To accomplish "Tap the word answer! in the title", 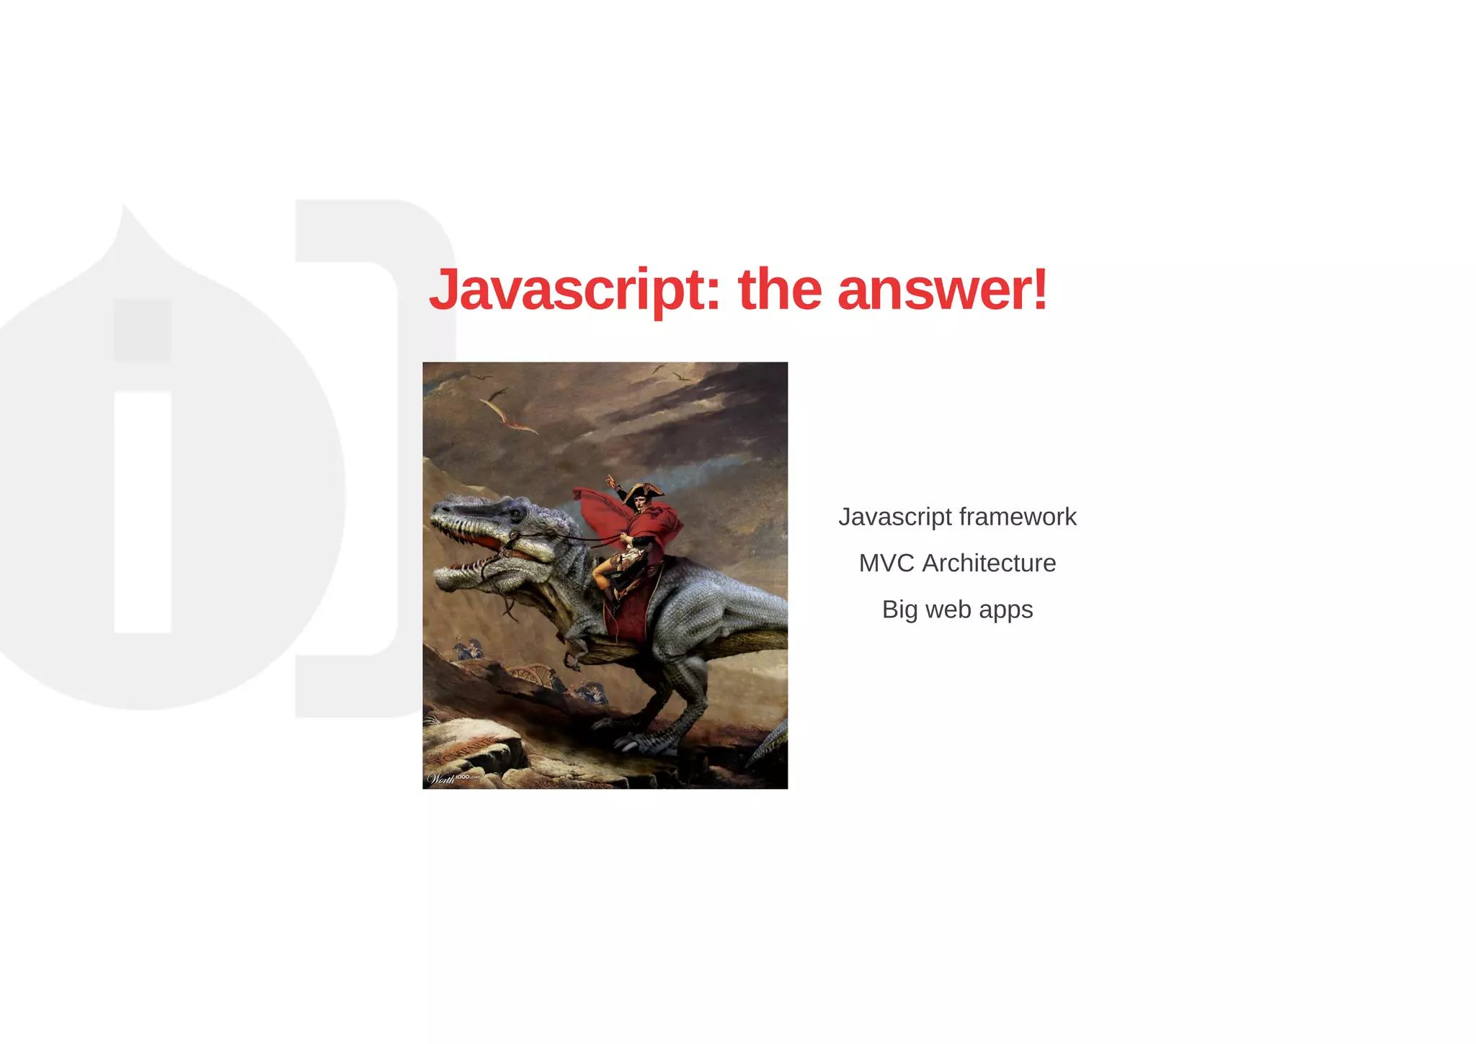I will (x=942, y=290).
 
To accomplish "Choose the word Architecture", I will (x=989, y=563).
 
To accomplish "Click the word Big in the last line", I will (x=899, y=609).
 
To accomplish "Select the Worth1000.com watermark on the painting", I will (x=453, y=778).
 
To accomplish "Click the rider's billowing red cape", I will (x=652, y=522).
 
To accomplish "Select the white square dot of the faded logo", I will (x=143, y=330).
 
